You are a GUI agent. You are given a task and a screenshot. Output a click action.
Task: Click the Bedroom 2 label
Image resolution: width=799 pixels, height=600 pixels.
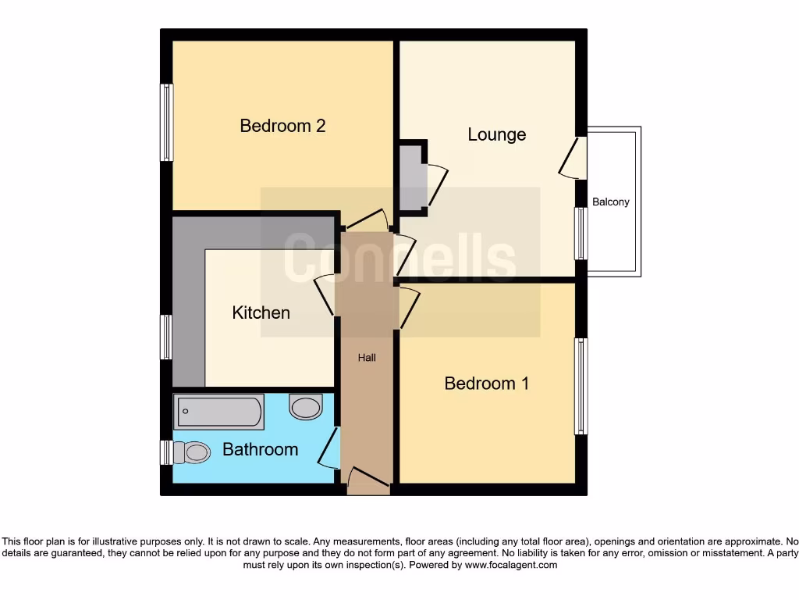[x=282, y=126]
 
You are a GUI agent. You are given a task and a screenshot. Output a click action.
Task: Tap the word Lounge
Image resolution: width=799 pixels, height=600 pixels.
[x=496, y=134]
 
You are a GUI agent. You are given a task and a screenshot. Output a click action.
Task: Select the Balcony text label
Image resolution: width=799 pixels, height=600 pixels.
[x=610, y=202]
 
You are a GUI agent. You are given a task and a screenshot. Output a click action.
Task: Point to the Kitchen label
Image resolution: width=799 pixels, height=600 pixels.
[x=261, y=312]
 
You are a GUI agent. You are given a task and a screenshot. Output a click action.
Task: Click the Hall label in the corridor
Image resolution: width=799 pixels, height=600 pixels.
[x=367, y=358]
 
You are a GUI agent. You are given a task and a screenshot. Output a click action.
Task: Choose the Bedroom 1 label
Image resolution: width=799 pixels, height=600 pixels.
[x=486, y=384]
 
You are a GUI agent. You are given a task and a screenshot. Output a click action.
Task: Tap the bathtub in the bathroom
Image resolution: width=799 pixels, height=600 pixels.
[x=218, y=412]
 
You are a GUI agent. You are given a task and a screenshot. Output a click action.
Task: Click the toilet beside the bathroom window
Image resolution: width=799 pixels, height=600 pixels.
[x=191, y=452]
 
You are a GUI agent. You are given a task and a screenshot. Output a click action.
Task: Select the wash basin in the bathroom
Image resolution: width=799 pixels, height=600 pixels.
[x=306, y=406]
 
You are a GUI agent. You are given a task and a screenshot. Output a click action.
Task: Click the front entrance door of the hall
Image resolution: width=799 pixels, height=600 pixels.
[x=367, y=480]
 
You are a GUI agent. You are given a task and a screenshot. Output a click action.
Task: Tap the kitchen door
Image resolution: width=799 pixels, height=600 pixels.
[x=325, y=295]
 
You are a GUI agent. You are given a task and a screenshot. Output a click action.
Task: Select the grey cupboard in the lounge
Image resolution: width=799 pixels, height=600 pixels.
[x=413, y=177]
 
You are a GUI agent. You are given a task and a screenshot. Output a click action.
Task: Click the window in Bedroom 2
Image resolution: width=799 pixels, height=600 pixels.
[x=166, y=123]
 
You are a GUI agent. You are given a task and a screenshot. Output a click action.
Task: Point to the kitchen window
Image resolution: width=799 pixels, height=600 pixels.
[x=166, y=337]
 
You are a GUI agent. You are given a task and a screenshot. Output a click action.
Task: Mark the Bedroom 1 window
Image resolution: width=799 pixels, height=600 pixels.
[x=581, y=386]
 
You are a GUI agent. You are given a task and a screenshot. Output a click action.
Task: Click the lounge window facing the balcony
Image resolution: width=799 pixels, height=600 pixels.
[x=581, y=234]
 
